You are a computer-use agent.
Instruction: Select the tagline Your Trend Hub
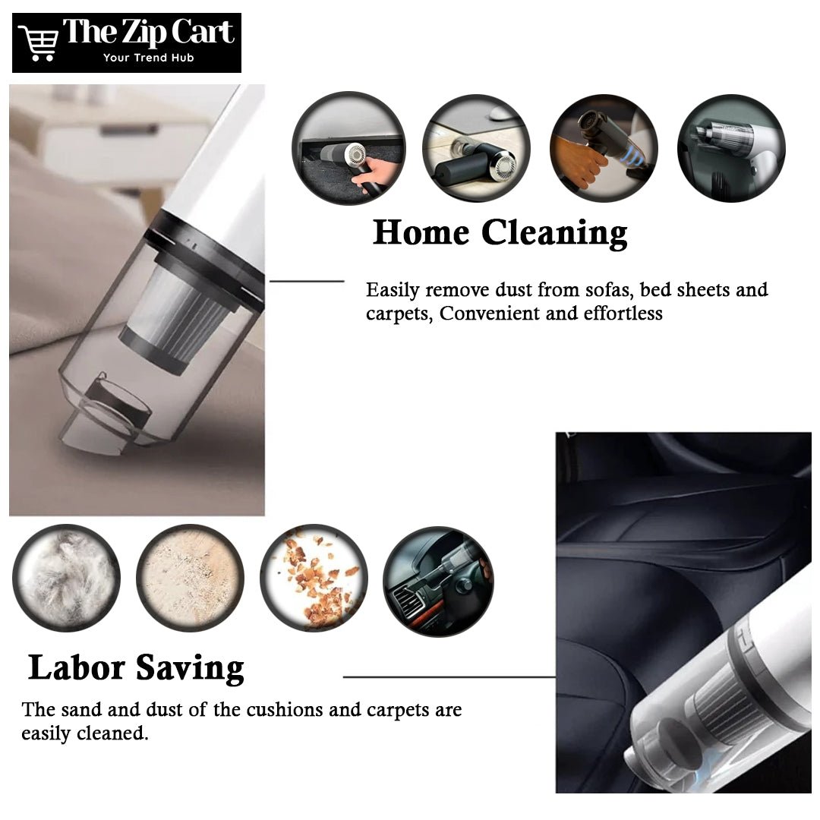pos(149,58)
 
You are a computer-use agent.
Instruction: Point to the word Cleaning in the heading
pos(553,234)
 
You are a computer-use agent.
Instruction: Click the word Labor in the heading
pos(77,667)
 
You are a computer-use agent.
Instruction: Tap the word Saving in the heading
pos(190,670)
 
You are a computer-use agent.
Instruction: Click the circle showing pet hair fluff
pos(66,579)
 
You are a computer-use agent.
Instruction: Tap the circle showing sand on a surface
pos(190,579)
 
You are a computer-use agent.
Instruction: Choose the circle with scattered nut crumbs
pos(314,579)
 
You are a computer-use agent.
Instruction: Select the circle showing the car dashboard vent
pos(438,582)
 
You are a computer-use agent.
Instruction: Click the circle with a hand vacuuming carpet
pos(348,148)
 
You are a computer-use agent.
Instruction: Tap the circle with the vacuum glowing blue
pos(604,148)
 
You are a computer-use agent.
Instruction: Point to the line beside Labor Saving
pos(449,676)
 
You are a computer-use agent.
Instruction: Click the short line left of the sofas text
pos(307,282)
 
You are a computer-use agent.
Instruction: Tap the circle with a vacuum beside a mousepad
pos(476,148)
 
